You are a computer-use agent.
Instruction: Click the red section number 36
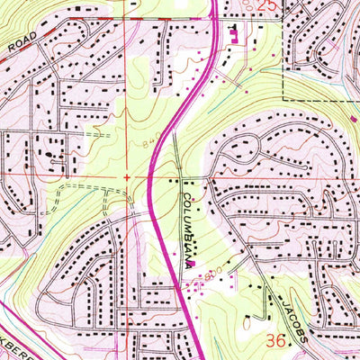pos(278,341)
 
